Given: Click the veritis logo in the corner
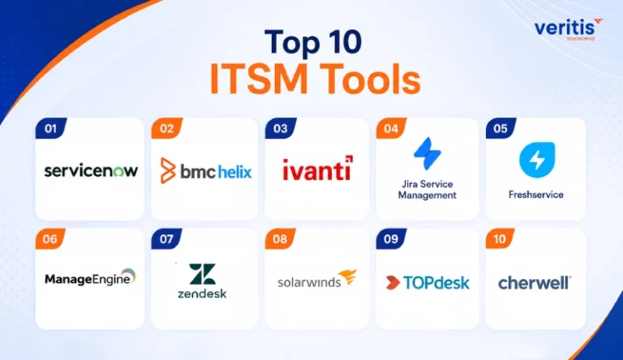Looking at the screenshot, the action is pos(568,28).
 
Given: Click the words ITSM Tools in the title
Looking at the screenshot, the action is pos(315,79).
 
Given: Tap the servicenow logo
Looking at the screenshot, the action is pos(91,171).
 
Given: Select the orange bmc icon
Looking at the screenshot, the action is pos(168,170).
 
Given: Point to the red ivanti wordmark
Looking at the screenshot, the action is pos(317,169).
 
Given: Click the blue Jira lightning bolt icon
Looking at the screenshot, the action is pos(428,153).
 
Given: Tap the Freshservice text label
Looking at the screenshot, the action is pos(536,195).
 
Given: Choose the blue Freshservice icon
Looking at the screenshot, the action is pos(537,160).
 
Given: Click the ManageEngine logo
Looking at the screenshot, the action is pos(91,277).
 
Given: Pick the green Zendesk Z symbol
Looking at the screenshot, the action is pos(202,274).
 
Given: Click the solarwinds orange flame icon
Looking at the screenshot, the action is pos(348,277).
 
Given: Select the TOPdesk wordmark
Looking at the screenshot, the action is pos(436,282).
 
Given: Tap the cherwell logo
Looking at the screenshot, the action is pos(535,283).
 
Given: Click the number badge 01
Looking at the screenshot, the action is pos(51,128).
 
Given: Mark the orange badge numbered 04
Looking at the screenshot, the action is pos(391,128).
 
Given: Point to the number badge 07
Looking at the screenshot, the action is pos(166,239).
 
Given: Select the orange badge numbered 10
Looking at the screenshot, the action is pos(500,239).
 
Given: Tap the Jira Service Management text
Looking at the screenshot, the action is pos(428,190).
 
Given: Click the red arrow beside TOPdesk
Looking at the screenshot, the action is pos(393,282).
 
